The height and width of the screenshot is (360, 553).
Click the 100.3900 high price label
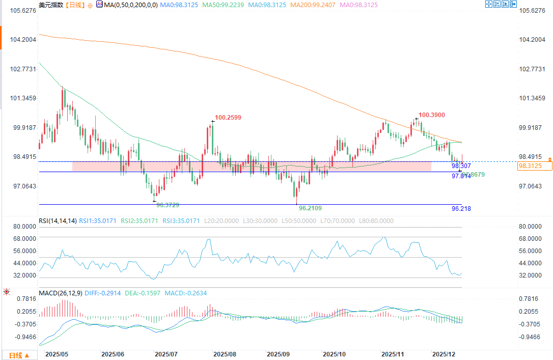pyautogui.click(x=432, y=116)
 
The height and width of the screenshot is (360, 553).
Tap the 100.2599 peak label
pyautogui.click(x=228, y=118)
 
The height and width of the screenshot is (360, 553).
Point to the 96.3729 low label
pyautogui.click(x=168, y=205)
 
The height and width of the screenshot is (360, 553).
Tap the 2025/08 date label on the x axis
pyautogui.click(x=225, y=353)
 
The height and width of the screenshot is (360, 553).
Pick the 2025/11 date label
pyautogui.click(x=392, y=353)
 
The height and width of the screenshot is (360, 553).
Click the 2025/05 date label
pyautogui.click(x=57, y=353)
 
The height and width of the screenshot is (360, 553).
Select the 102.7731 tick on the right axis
pyautogui.click(x=531, y=69)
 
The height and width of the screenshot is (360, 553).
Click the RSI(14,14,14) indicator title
pyautogui.click(x=58, y=221)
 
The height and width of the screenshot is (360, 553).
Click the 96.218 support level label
pyautogui.click(x=461, y=209)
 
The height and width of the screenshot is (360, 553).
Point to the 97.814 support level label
pyautogui.click(x=461, y=176)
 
